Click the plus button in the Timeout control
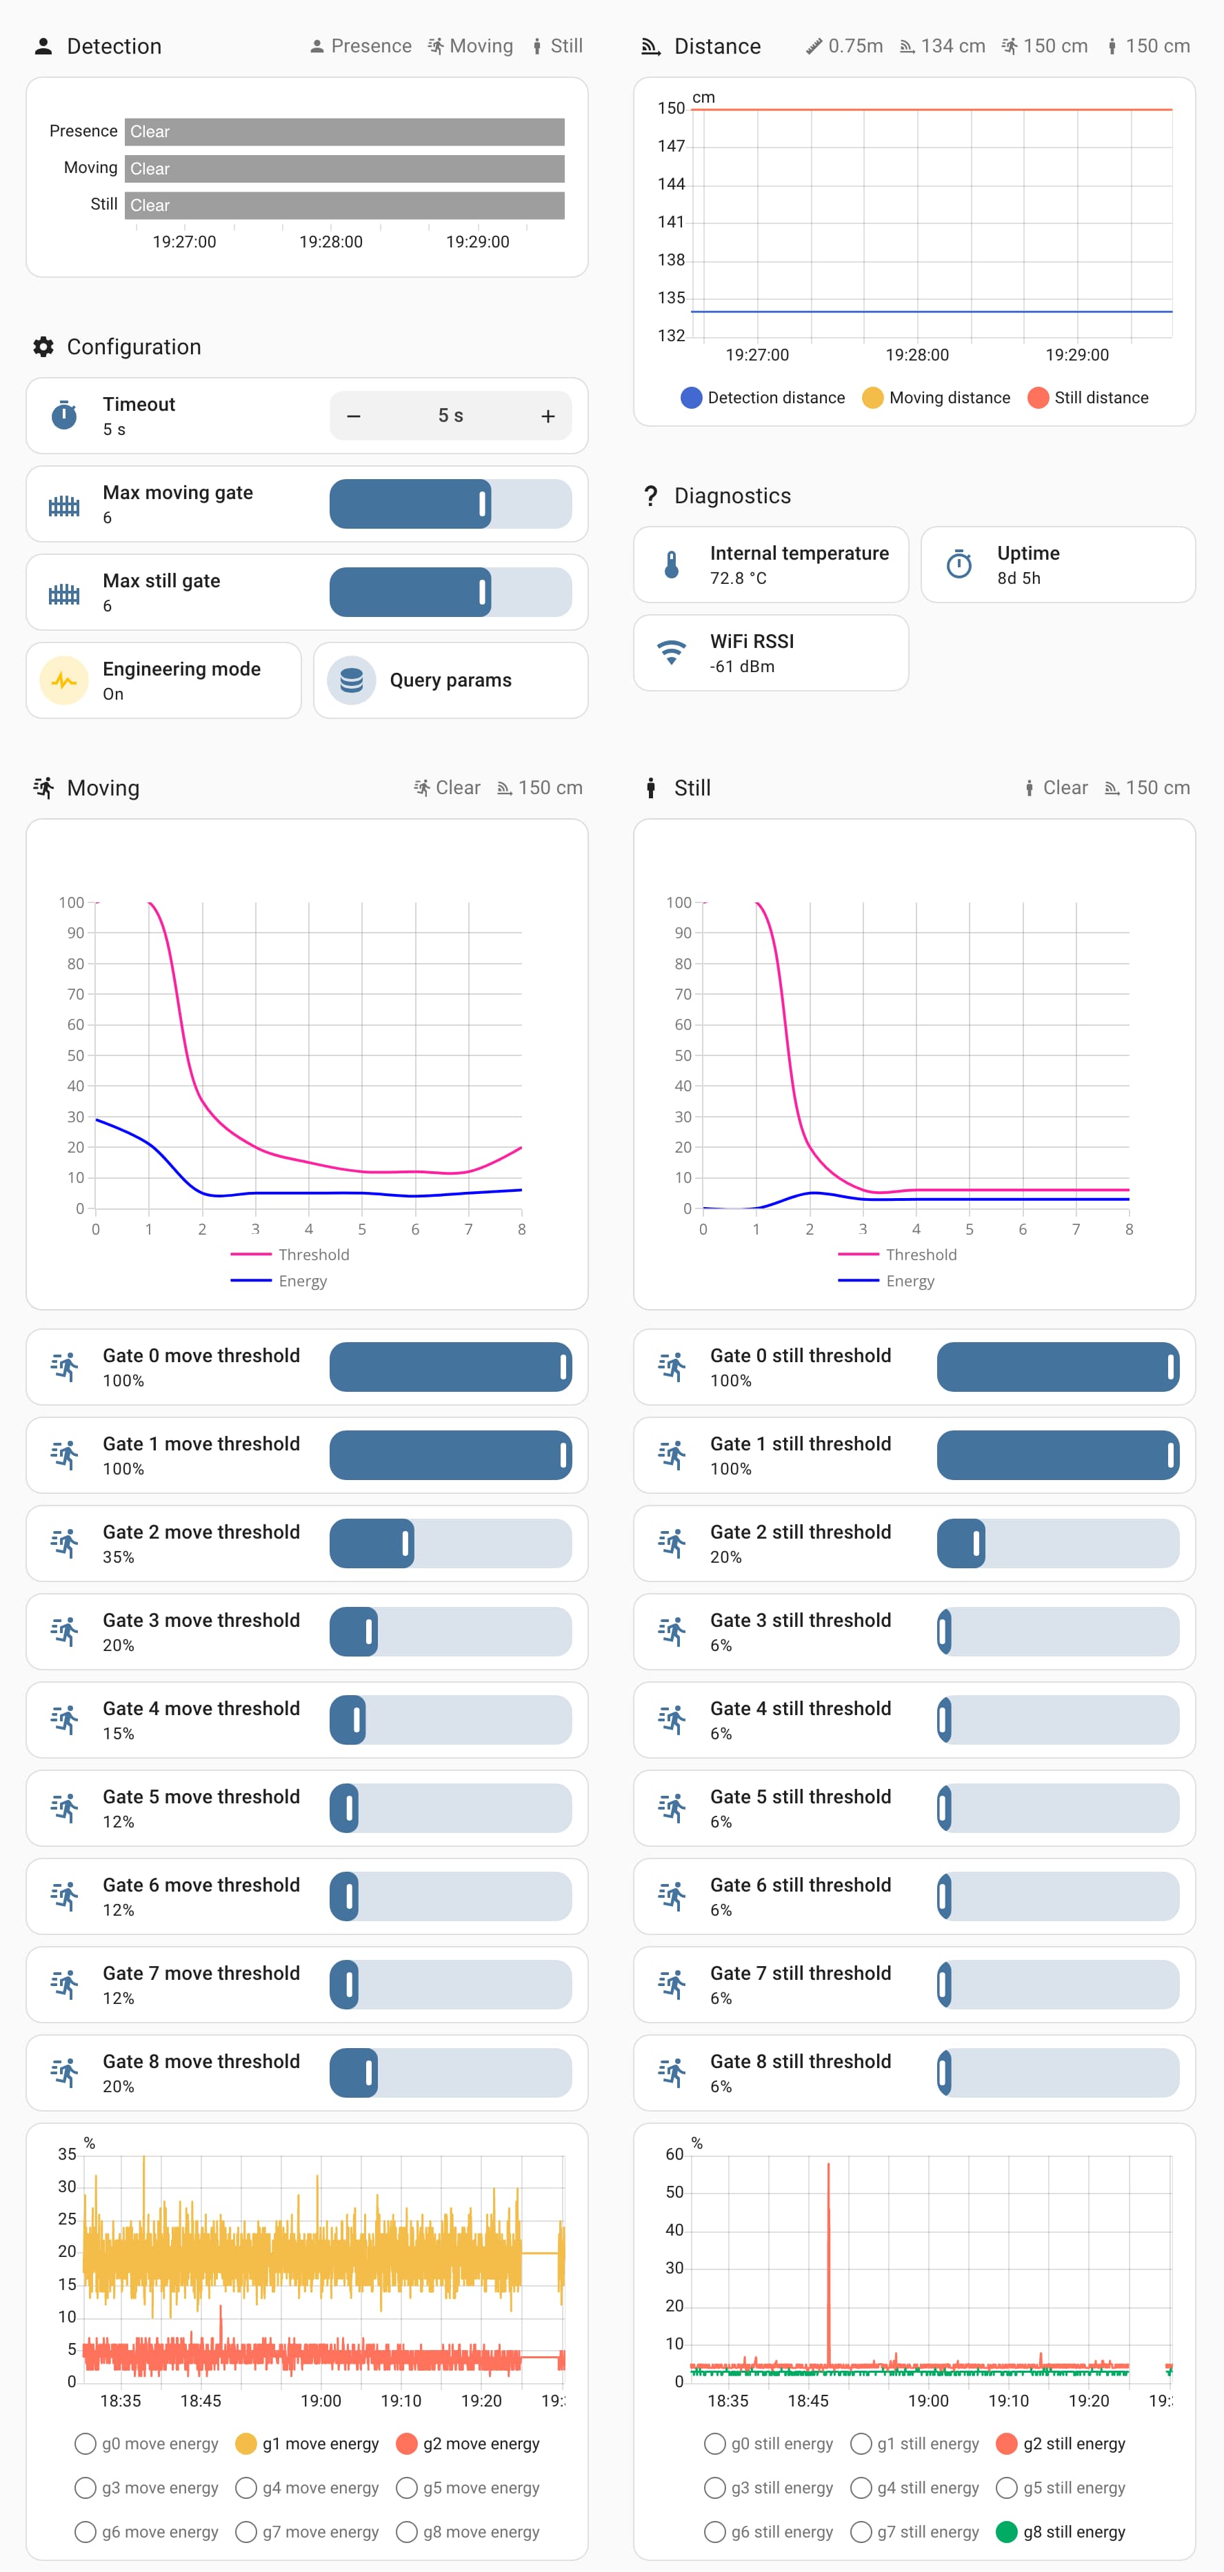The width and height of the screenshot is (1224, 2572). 547,416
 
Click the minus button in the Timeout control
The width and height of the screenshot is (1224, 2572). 354,416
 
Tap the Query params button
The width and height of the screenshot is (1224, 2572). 450,680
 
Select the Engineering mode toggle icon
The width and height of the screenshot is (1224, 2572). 64,680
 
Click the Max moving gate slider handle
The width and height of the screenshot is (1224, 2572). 483,504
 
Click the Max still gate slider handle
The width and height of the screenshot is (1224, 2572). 483,592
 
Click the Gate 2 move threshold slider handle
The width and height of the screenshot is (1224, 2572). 405,1543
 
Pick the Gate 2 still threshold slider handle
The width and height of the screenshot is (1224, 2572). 976,1543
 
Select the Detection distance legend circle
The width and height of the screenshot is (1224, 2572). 691,397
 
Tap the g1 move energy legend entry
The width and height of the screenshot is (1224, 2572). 308,2443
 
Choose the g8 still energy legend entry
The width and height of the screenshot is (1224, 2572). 1061,2531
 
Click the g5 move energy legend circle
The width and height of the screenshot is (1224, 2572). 406,2487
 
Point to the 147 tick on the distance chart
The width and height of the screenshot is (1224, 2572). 671,145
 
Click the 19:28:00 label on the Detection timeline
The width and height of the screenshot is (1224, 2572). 330,242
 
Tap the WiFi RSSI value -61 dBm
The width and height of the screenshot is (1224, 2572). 742,666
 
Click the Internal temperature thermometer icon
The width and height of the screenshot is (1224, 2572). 671,565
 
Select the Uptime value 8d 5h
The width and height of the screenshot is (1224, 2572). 1019,578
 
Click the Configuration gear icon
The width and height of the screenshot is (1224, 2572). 43,347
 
